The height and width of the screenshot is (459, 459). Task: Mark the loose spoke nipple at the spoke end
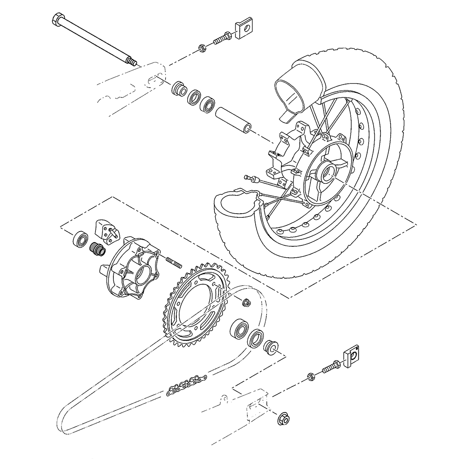click(250, 178)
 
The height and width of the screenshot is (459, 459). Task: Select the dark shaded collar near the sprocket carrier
click(98, 249)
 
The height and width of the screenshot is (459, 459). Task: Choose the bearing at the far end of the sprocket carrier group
click(81, 238)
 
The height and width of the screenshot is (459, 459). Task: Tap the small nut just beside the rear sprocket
click(246, 302)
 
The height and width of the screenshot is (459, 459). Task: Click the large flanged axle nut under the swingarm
click(283, 418)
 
